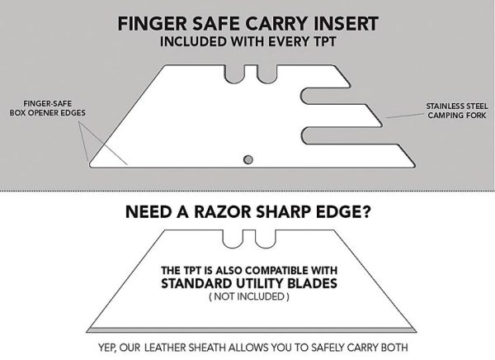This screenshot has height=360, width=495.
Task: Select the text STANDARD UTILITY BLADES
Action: tap(247, 285)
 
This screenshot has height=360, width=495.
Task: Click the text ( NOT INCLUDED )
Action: tap(247, 299)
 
